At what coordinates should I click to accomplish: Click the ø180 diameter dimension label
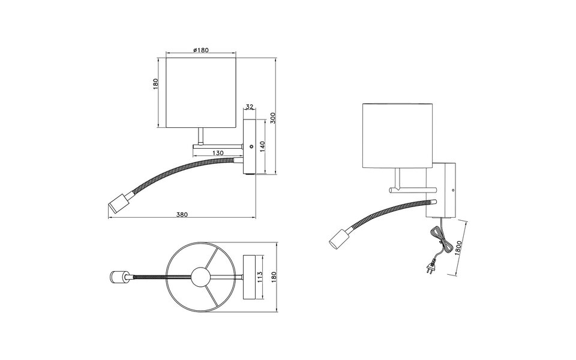click(x=202, y=50)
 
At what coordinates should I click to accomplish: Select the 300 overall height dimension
click(x=272, y=118)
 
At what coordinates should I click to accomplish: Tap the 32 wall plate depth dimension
click(x=250, y=107)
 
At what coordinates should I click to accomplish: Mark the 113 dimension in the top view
click(x=260, y=277)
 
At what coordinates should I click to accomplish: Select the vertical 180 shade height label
click(x=156, y=84)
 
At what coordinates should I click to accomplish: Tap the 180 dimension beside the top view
click(x=274, y=277)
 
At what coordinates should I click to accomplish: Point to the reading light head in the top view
click(x=118, y=277)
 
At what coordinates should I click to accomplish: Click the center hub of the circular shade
click(x=200, y=277)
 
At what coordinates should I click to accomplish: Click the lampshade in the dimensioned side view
click(x=202, y=92)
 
